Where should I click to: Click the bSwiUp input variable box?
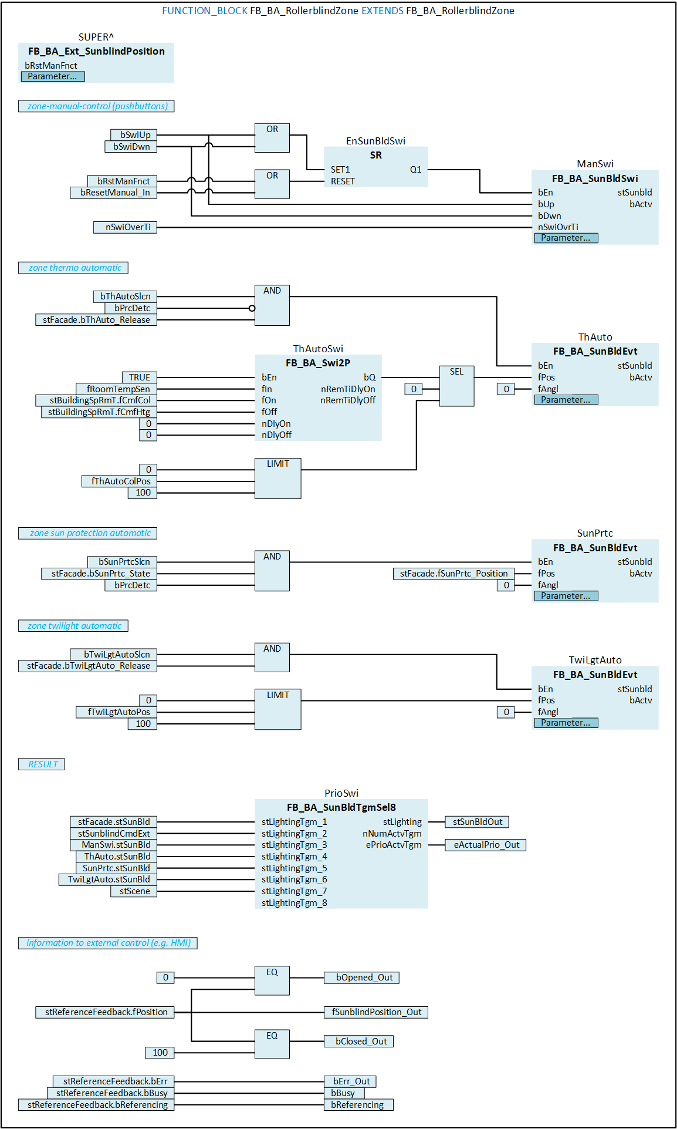[x=134, y=135]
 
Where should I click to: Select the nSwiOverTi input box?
[x=125, y=227]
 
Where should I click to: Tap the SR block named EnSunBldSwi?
[x=375, y=167]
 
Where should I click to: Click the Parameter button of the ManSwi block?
[x=566, y=238]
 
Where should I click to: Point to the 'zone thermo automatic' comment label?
[x=73, y=268]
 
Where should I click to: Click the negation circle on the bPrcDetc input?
[x=252, y=308]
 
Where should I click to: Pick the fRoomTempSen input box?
[x=117, y=389]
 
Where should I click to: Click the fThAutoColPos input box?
[x=120, y=481]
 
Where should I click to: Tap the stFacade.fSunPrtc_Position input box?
[x=453, y=574]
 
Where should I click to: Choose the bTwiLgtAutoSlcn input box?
[x=113, y=654]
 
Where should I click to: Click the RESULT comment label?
[x=42, y=764]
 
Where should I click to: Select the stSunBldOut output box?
[x=477, y=822]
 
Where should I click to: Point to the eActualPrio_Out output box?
[x=486, y=845]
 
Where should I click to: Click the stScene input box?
[x=134, y=891]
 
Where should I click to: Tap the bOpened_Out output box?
[x=361, y=978]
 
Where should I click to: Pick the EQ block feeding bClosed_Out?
[x=272, y=1043]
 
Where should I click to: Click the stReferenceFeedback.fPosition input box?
[x=105, y=1012]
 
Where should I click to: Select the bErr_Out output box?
[x=350, y=1081]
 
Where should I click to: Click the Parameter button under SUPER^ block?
[x=53, y=76]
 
